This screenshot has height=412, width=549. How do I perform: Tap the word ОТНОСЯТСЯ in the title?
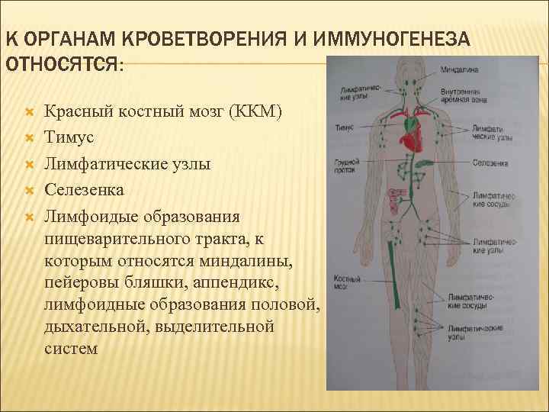(61, 64)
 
